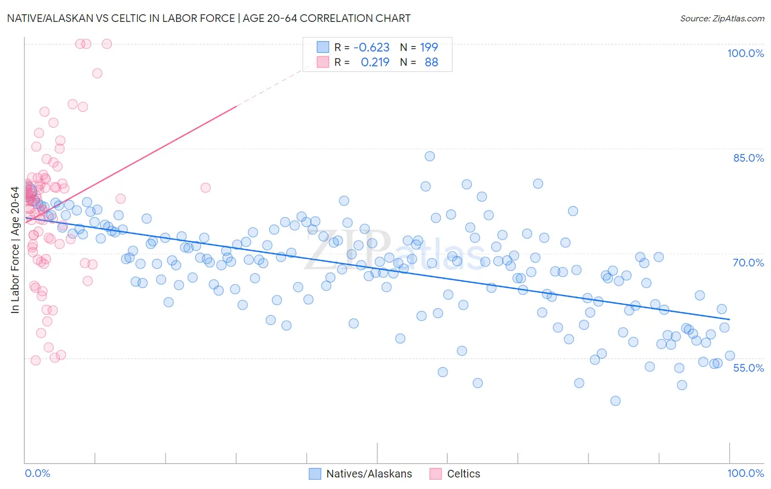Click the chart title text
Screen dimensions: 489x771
tap(208, 19)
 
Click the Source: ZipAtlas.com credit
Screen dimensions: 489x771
tap(722, 19)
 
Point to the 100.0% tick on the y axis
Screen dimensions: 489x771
tap(745, 53)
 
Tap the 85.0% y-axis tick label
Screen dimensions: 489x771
tap(749, 158)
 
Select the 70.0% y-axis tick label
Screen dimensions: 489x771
tap(749, 263)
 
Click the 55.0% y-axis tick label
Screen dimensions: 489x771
tap(749, 368)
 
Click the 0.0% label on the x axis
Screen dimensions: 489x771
tap(37, 474)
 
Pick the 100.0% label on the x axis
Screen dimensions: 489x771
tap(745, 474)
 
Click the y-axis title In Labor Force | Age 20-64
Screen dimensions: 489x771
tap(15, 251)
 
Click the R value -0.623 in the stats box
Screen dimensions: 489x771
tap(371, 48)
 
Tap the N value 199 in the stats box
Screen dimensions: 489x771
tap(429, 48)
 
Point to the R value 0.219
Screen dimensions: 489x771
tap(375, 62)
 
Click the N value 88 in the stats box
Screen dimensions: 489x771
tap(431, 62)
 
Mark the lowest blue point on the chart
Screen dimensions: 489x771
tap(615, 401)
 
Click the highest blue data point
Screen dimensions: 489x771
tap(430, 156)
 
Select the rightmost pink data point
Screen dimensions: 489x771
tap(206, 187)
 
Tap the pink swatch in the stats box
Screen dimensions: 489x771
tap(323, 62)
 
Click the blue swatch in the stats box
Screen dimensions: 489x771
tap(323, 48)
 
